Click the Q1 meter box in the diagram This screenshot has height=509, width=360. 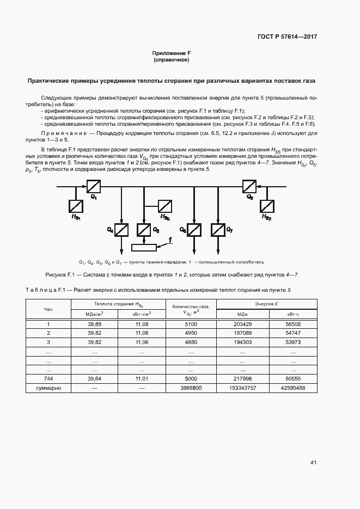tap(90, 187)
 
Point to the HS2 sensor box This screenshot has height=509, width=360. tap(267, 206)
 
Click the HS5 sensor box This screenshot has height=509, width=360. tap(166, 206)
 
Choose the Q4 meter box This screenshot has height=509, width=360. tap(121, 230)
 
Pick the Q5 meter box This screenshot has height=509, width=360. tap(144, 230)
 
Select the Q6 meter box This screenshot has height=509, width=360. tap(194, 230)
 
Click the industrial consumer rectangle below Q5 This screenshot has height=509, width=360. tap(144, 248)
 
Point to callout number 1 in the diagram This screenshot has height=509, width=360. tap(170, 239)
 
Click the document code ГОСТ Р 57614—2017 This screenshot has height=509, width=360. tap(287, 37)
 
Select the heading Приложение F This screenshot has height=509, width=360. tap(171, 53)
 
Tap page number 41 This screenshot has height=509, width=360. tap(313, 463)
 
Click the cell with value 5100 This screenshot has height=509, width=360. tap(190, 324)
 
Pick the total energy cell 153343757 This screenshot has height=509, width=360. tap(243, 388)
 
